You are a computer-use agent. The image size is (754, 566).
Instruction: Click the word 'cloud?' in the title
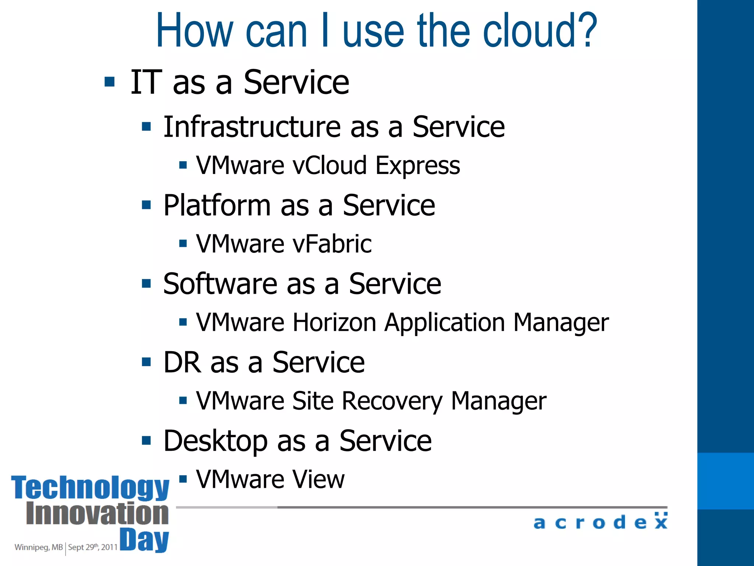click(x=540, y=31)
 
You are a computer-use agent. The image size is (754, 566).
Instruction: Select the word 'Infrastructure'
click(x=252, y=127)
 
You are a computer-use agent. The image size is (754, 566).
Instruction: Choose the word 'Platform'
click(x=217, y=205)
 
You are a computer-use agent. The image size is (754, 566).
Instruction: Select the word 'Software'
click(x=220, y=284)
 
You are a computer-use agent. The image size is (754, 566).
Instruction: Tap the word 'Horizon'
click(x=334, y=322)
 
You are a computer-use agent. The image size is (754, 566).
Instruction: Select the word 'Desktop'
click(x=216, y=441)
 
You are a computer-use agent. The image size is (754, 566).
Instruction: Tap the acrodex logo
click(x=600, y=522)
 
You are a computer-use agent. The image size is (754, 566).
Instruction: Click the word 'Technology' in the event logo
click(x=90, y=488)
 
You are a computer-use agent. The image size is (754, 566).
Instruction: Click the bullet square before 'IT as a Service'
click(x=110, y=81)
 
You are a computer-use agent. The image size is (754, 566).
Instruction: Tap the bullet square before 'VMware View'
click(x=183, y=479)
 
